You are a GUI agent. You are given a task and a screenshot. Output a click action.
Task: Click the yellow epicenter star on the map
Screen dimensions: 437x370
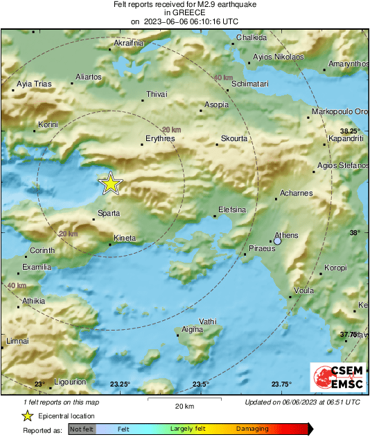point(110,183)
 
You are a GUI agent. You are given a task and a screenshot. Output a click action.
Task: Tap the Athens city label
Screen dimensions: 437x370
point(286,235)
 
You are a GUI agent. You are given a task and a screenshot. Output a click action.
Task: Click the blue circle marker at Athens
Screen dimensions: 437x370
point(277,241)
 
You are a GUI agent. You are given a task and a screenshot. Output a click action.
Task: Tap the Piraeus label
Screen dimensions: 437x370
point(262,249)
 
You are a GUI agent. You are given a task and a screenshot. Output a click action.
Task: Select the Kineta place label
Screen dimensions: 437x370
point(124,238)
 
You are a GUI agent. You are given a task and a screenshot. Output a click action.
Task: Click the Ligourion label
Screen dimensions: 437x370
point(70,381)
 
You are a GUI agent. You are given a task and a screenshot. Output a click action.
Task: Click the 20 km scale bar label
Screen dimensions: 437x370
point(184,406)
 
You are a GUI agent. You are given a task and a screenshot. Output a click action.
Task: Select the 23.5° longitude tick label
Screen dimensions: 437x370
point(201,384)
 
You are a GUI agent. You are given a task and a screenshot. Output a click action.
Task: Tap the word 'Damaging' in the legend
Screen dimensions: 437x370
point(252,429)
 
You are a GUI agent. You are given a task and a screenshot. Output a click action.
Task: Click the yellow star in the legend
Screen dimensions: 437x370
point(27,416)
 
